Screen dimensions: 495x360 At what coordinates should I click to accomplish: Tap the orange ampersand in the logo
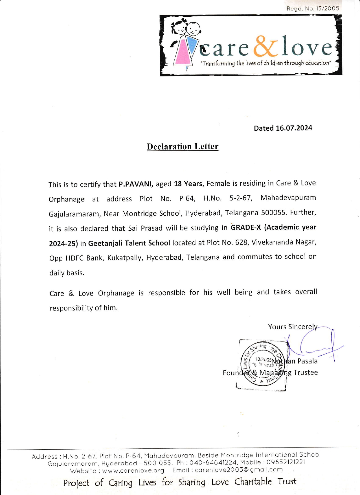pyautogui.click(x=265, y=47)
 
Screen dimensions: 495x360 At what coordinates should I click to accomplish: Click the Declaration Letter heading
pyautogui.click(x=183, y=146)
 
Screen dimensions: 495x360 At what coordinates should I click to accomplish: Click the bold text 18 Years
pyautogui.click(x=188, y=184)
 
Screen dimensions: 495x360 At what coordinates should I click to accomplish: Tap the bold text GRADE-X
pyautogui.click(x=246, y=227)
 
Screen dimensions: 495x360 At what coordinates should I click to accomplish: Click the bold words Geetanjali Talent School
pyautogui.click(x=129, y=243)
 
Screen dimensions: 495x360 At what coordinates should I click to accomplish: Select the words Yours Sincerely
pyautogui.click(x=293, y=327)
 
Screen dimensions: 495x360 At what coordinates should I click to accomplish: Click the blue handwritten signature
pyautogui.click(x=319, y=344)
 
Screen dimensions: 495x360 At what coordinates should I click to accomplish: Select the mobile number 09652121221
pyautogui.click(x=286, y=462)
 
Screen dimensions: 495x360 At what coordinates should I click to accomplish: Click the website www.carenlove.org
pyautogui.click(x=133, y=470)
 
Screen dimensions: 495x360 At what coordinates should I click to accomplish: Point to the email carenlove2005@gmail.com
pyautogui.click(x=239, y=470)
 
